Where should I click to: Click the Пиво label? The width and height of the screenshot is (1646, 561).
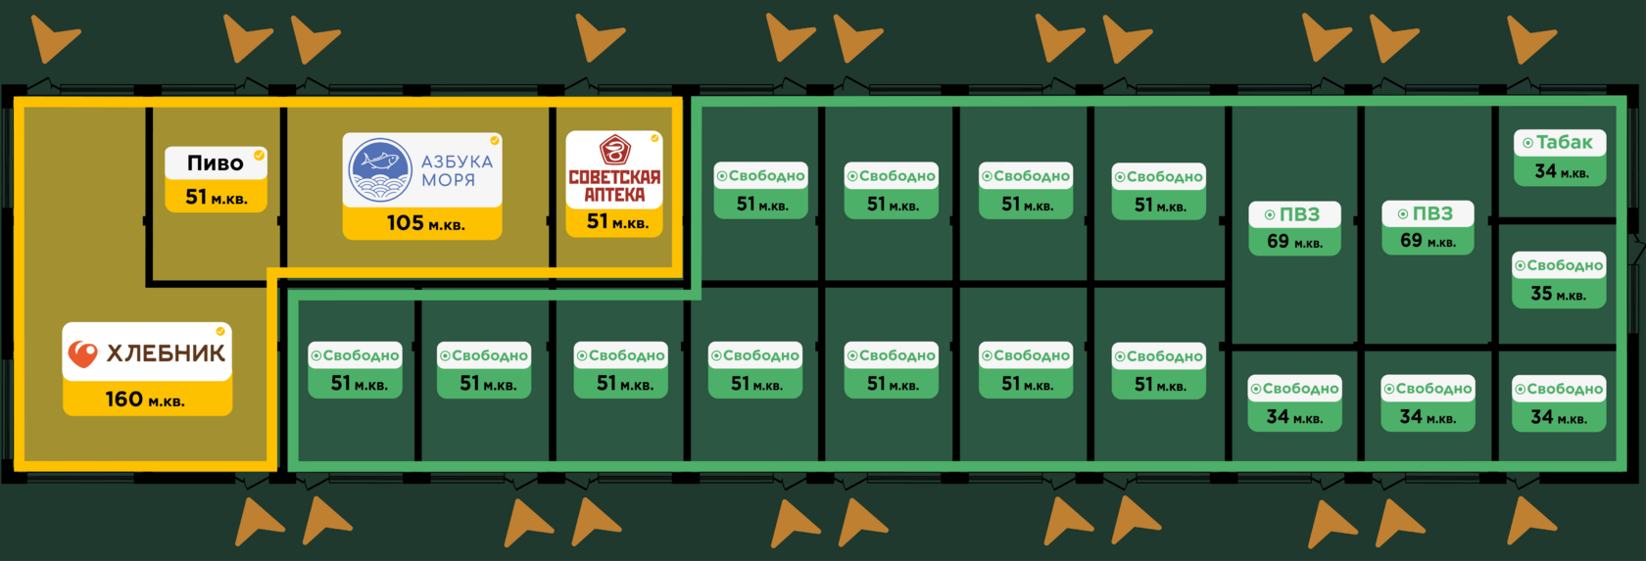point(215,164)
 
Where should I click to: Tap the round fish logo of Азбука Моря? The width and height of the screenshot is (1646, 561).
point(380,170)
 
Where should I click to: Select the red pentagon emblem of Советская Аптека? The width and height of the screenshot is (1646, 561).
point(614,150)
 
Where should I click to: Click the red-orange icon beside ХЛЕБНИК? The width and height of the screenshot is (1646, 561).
point(83,353)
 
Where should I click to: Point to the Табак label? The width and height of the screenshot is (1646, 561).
point(1564,143)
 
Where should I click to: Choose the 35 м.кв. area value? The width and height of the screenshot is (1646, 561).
point(1558,294)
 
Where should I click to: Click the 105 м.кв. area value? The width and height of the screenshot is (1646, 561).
point(425,223)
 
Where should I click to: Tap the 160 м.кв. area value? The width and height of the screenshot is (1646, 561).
point(145,399)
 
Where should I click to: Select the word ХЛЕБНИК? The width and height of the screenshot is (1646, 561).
point(166,353)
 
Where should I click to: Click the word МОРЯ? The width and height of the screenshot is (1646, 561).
point(448,180)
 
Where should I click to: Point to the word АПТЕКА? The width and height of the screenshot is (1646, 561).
point(614,195)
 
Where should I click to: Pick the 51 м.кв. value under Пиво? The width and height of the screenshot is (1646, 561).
point(217,197)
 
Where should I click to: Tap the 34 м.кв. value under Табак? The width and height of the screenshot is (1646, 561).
point(1561,171)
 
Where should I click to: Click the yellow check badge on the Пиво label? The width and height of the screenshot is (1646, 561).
point(259,155)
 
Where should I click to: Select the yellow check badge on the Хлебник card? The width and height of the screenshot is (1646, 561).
point(220,331)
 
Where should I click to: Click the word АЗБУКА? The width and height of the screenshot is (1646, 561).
point(457,162)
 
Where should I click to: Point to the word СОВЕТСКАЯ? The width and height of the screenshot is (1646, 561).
point(614,177)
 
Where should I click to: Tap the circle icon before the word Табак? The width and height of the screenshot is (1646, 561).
point(1527,143)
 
